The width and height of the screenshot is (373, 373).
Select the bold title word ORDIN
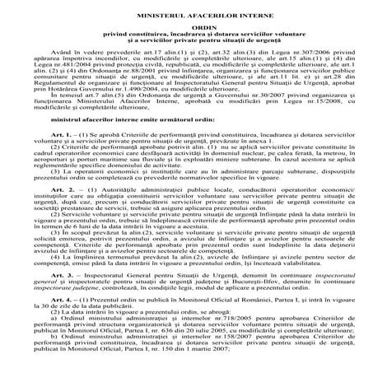(x=186, y=26)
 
